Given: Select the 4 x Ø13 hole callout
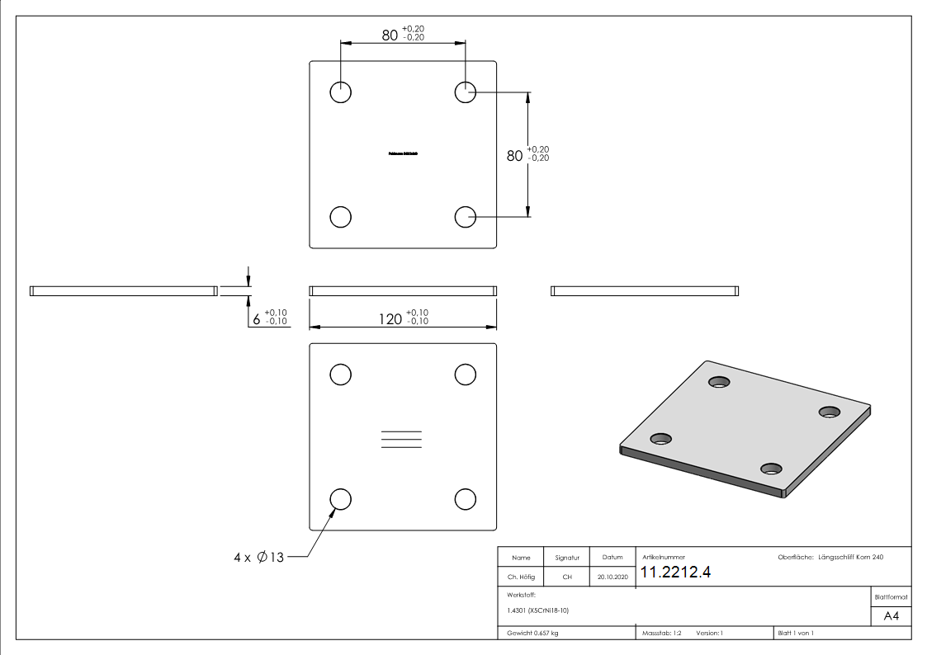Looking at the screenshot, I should [258, 558].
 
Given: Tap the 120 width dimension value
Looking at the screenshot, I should [391, 319].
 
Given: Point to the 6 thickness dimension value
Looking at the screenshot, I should [258, 319].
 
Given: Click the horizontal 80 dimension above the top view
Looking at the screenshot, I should [390, 35].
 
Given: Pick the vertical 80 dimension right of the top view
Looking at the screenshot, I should [515, 155].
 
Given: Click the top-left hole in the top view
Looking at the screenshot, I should [340, 92].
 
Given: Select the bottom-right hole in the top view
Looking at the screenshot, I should [466, 216].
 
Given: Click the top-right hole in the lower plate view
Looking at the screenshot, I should [466, 374].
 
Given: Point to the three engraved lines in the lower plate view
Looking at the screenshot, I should [402, 440].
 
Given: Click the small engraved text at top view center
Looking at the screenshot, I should [403, 153].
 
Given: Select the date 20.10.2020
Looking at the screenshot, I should [612, 577].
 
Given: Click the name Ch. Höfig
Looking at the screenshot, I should [521, 577].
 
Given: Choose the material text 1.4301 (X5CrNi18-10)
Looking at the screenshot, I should [538, 610].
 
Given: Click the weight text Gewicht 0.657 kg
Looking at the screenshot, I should [532, 633].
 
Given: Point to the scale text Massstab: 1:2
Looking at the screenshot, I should [661, 633].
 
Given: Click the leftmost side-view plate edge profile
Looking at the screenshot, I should [123, 290].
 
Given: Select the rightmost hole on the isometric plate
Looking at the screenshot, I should [828, 412].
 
